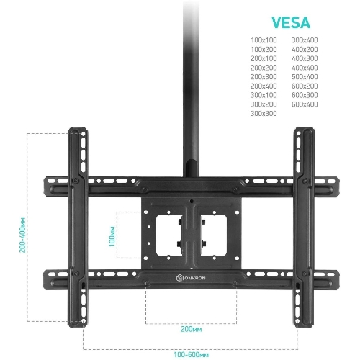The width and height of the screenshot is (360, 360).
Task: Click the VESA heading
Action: pos(291,23)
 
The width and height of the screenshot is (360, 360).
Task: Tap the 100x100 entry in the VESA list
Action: pos(264,40)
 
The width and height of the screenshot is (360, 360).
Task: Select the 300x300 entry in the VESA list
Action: pos(264,113)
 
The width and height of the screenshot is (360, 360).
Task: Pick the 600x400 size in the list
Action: pos(305,104)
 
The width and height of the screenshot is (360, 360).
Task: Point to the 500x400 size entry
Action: pos(305,77)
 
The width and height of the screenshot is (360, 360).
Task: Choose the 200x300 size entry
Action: pos(264,77)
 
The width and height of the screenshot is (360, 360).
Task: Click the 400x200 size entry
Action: pos(305,49)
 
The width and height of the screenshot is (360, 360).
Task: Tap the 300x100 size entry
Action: pos(264,95)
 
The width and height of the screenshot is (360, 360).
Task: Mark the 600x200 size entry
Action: pos(305,86)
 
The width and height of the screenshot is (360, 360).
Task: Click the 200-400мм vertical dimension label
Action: pos(22,235)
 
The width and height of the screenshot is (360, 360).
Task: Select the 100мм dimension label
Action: pos(112,236)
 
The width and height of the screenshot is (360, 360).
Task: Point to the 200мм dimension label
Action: pos(192,329)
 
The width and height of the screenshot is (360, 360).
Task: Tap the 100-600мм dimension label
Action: pos(192,354)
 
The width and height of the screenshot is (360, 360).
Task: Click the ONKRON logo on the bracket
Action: pos(191,278)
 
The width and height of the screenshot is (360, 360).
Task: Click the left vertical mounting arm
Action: pos(78,228)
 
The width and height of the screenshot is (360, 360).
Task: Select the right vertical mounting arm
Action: pos(304,228)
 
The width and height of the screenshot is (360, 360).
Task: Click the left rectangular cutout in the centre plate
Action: pos(168,235)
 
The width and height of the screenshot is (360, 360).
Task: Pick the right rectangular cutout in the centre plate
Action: pos(214,235)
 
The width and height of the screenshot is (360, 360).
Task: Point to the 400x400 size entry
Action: pos(305,68)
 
